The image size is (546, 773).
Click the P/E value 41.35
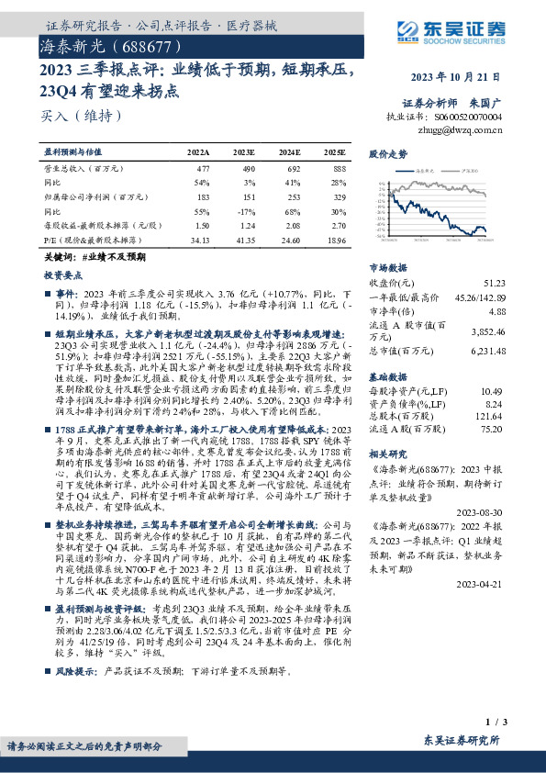click(243, 239)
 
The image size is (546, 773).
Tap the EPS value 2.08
click(289, 224)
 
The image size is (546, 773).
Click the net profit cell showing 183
click(203, 196)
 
